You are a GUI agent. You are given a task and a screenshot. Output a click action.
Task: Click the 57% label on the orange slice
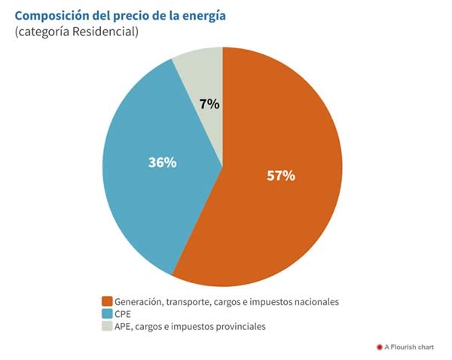(281, 175)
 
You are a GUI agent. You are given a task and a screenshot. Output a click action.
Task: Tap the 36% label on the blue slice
(162, 162)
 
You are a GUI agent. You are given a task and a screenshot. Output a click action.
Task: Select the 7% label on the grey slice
(210, 105)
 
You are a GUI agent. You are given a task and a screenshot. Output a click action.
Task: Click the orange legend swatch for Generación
(108, 301)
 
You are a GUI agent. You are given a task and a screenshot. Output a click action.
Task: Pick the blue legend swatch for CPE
(108, 313)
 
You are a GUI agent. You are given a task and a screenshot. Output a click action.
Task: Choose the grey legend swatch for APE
(108, 326)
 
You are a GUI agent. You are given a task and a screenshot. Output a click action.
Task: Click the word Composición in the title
(54, 16)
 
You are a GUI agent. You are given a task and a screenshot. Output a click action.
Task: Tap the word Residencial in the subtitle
(105, 32)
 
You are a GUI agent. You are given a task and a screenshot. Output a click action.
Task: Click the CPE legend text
(124, 313)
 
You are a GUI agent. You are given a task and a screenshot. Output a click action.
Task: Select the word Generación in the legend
(139, 301)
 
